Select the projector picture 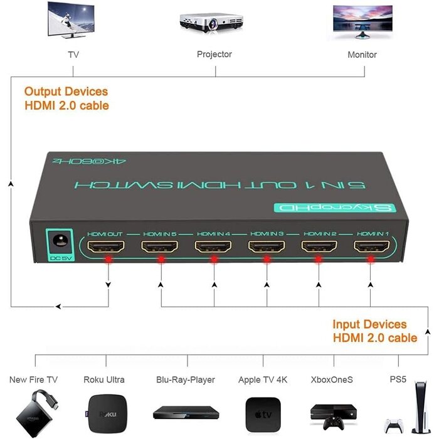point(214,22)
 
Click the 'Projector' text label point(214,55)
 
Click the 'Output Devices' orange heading point(66,92)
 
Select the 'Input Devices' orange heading point(370,325)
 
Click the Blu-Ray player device point(186,413)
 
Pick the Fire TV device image point(35,414)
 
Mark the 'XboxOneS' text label point(332,379)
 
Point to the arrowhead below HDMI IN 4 point(214,285)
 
